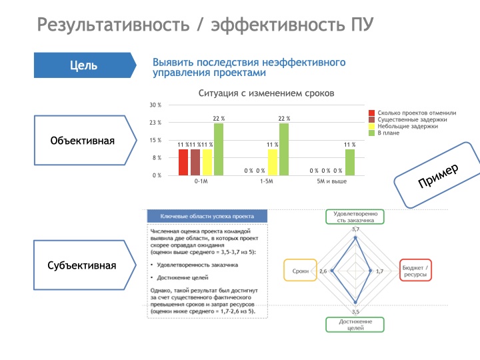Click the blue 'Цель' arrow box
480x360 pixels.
pos(83,65)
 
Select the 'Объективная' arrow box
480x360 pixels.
pos(81,141)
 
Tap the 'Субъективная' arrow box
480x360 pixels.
pos(81,265)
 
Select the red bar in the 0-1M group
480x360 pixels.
pos(183,161)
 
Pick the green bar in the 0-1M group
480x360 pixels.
pos(219,149)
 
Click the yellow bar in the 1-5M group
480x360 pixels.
pos(272,161)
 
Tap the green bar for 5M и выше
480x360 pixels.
pos(350,161)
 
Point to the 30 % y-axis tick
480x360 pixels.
pos(155,105)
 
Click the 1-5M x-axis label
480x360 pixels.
pos(267,181)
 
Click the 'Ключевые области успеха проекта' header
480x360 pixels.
pos(207,216)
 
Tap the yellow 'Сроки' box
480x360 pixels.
pos(300,271)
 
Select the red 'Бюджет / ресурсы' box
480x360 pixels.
pos(415,271)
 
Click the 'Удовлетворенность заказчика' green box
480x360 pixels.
pos(355,216)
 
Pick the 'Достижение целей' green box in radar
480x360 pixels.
pos(355,325)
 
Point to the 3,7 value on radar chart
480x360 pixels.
pos(355,229)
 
